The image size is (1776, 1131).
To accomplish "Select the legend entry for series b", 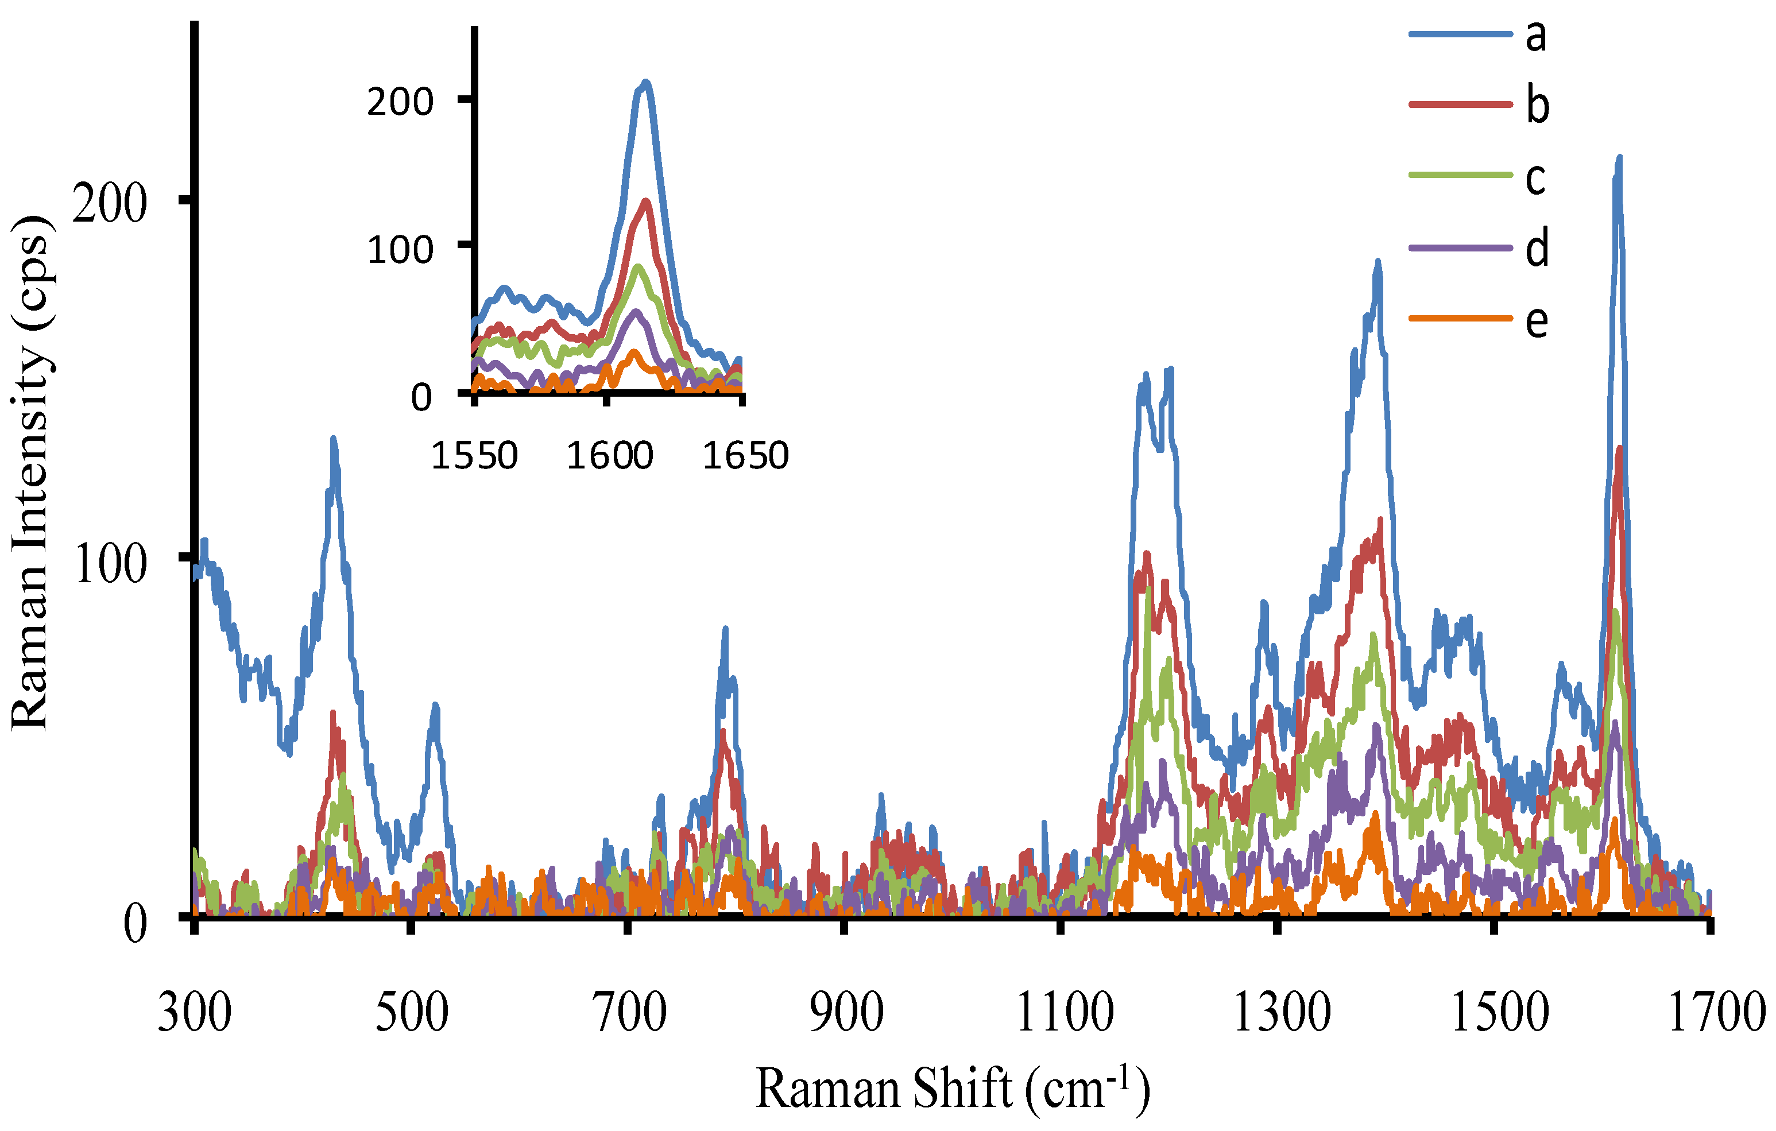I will [x=1537, y=106].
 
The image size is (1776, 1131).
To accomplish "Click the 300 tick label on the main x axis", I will [x=195, y=1013].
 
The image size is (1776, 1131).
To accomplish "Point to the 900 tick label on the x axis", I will [x=846, y=1013].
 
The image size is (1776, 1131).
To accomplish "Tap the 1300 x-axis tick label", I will [x=1282, y=1013].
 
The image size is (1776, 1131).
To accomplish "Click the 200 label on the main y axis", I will [x=110, y=203].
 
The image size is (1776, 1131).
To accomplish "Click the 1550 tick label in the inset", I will [x=474, y=456].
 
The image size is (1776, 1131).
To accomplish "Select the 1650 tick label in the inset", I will [x=745, y=456].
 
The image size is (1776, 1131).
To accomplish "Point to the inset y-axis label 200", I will [x=400, y=101].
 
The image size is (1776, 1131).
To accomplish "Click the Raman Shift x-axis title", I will [x=952, y=1089].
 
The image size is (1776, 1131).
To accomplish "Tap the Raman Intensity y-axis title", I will [x=31, y=472].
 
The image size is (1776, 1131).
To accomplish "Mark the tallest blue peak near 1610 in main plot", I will [x=1619, y=158].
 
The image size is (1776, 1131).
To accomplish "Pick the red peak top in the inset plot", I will [x=646, y=202].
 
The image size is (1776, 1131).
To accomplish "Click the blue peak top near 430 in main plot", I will [x=334, y=439].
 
